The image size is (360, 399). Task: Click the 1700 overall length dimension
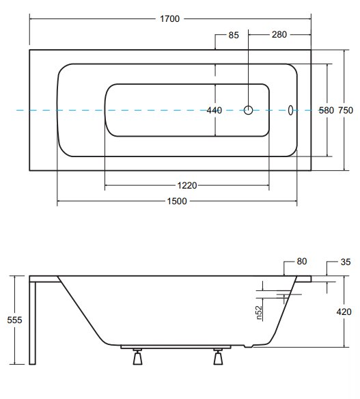pyautogui.click(x=169, y=19)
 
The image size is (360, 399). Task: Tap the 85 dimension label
pyautogui.click(x=234, y=35)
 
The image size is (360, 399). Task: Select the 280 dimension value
pyautogui.click(x=279, y=35)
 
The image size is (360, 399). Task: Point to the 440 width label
pyautogui.click(x=214, y=110)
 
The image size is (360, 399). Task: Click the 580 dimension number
pyautogui.click(x=326, y=111)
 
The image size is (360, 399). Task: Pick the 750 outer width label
pyautogui.click(x=346, y=111)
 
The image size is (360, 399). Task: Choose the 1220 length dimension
pyautogui.click(x=187, y=186)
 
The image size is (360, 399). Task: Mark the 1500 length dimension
pyautogui.click(x=177, y=202)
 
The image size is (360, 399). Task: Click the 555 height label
pyautogui.click(x=14, y=320)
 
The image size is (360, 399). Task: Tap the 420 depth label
pyautogui.click(x=344, y=312)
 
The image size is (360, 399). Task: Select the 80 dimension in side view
pyautogui.click(x=302, y=262)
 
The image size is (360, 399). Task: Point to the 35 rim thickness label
pyautogui.click(x=346, y=262)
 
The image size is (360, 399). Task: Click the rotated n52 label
pyautogui.click(x=258, y=312)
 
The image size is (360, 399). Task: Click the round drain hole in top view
pyautogui.click(x=248, y=110)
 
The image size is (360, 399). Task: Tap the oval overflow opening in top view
pyautogui.click(x=290, y=110)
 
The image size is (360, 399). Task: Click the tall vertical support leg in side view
pyautogui.click(x=32, y=323)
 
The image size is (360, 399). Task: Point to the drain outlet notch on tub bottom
pyautogui.click(x=249, y=346)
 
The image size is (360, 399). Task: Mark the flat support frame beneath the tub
pyautogui.click(x=176, y=346)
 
